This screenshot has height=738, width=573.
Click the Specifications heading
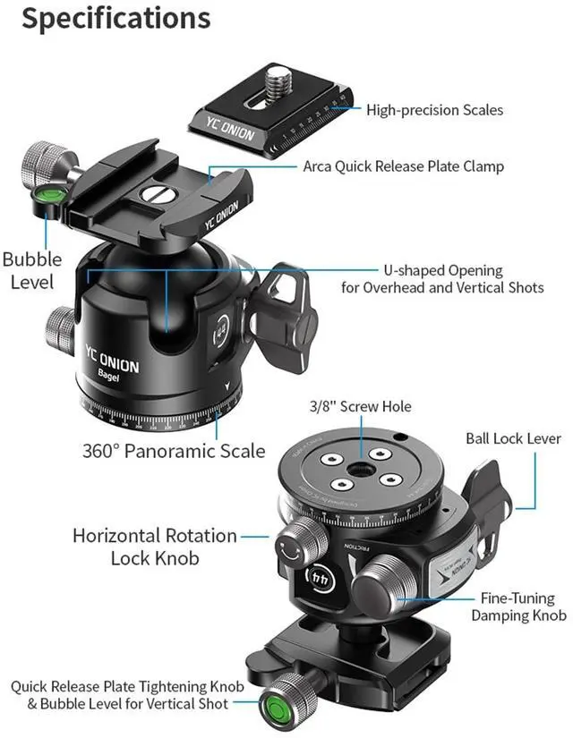point(115,20)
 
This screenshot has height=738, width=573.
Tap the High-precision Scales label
point(434,110)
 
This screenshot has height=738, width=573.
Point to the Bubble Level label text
point(32,270)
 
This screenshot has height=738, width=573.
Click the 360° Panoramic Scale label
point(174,450)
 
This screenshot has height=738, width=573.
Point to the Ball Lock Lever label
point(513,438)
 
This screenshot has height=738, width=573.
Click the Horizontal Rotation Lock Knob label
point(155,547)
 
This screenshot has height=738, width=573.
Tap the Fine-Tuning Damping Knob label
point(519,607)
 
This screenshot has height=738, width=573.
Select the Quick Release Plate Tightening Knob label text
point(121,695)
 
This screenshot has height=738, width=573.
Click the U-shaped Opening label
point(442,278)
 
